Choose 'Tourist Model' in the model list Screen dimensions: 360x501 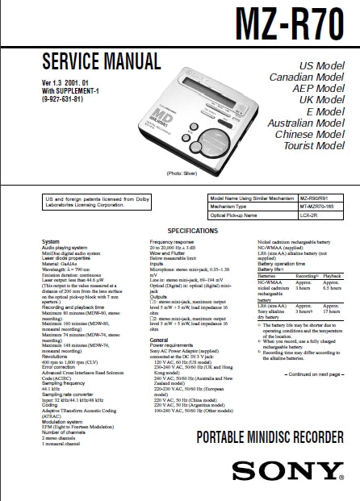(x=315, y=147)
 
